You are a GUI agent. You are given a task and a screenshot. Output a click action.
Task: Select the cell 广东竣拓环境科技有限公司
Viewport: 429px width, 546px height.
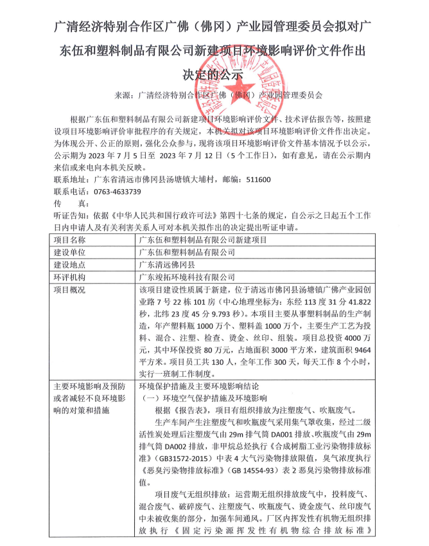[x=187, y=277]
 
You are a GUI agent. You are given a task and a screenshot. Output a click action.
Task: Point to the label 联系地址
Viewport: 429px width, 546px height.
[x=71, y=180]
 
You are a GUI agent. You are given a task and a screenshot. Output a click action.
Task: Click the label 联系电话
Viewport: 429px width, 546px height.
[x=71, y=192]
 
